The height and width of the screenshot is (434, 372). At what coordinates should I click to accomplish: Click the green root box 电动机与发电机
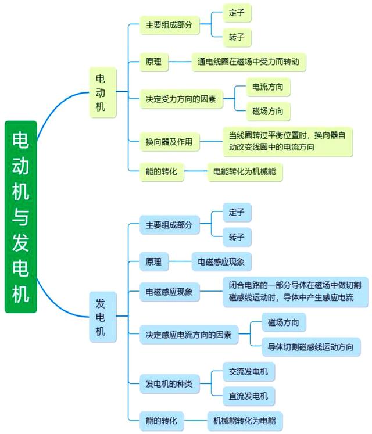21,217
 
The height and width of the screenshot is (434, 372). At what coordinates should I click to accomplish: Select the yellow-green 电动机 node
101,92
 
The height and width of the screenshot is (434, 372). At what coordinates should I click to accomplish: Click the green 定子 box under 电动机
237,12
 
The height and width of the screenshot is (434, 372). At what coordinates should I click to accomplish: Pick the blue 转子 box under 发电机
237,237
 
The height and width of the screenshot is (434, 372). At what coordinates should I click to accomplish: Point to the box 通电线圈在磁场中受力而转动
249,61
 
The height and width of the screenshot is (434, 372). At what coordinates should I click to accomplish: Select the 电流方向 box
268,88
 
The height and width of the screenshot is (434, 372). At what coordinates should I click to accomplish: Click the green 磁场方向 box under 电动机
268,111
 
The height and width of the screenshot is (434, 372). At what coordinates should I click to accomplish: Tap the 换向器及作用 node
169,141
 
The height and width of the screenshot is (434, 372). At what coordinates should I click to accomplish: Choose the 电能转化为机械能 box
246,173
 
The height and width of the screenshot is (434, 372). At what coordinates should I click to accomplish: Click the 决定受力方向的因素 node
181,99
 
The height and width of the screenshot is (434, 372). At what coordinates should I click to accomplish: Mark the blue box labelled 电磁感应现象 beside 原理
221,262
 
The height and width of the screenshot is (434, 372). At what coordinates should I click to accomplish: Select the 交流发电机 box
249,372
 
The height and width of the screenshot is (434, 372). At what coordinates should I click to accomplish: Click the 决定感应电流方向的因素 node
188,335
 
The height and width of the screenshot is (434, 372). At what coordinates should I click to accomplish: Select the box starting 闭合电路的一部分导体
295,291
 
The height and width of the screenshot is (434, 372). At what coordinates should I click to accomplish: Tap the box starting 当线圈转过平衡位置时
288,141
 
